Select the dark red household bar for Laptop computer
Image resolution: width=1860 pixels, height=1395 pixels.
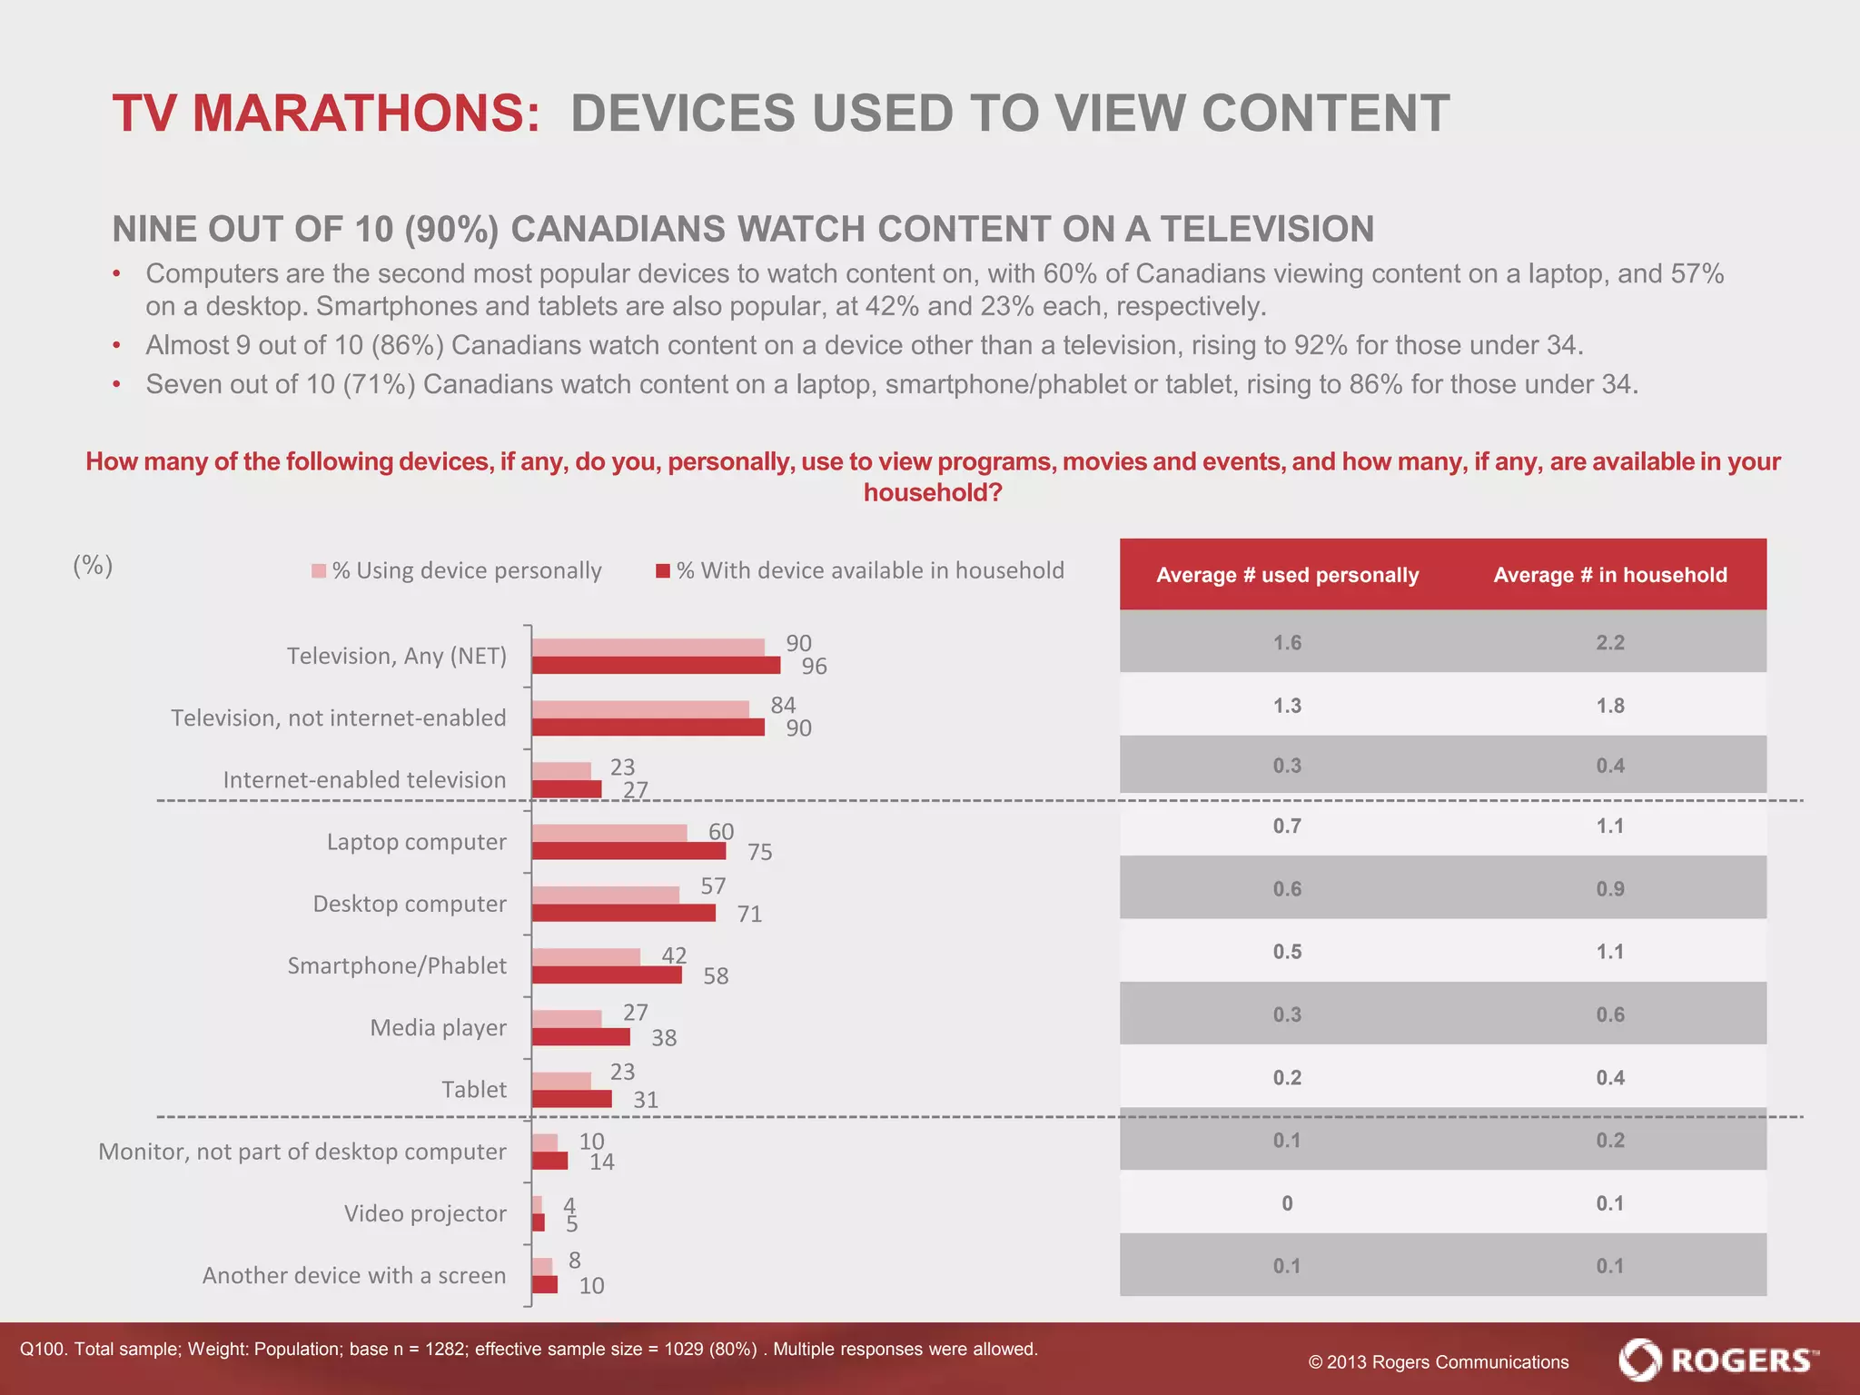coord(628,851)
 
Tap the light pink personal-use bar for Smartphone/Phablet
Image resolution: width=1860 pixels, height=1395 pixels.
coord(586,956)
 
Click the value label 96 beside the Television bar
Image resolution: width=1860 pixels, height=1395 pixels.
coord(814,667)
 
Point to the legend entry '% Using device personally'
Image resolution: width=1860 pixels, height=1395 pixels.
coord(457,570)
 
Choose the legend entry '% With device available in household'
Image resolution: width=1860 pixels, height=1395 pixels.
coord(860,570)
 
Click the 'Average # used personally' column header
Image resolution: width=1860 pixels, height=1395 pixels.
coord(1287,575)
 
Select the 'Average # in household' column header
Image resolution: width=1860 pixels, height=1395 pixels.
coord(1609,575)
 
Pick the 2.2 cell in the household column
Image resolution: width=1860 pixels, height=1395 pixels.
coord(1609,643)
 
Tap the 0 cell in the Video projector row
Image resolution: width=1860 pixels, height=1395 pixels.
coord(1287,1203)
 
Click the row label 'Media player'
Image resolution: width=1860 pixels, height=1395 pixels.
coord(438,1028)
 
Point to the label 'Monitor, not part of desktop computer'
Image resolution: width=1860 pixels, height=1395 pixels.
coord(302,1152)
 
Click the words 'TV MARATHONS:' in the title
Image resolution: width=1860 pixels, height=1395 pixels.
coord(326,114)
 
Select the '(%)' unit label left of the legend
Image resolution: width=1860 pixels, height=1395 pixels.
coord(93,566)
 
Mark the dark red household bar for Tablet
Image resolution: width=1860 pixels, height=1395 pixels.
coord(571,1099)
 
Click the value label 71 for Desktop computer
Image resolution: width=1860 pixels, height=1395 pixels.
coord(749,914)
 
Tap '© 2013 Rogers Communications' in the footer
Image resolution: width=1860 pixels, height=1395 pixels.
coord(1438,1362)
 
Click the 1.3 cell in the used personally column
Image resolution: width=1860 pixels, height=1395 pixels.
coord(1287,706)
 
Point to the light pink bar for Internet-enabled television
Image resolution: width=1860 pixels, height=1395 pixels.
coord(561,771)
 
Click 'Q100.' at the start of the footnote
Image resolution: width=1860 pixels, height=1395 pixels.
coord(42,1350)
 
